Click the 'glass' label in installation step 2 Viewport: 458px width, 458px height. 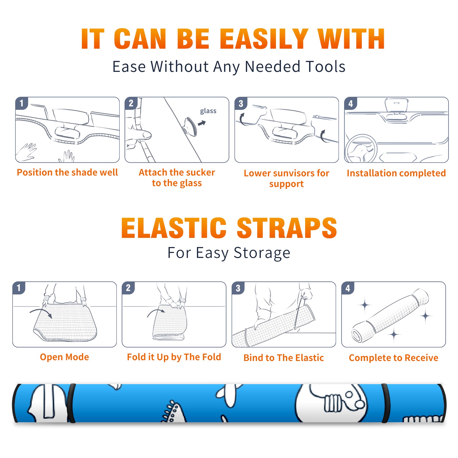208,111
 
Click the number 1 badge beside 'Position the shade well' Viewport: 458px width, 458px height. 21,103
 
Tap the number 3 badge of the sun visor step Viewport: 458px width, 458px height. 241,103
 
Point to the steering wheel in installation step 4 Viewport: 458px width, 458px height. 361,149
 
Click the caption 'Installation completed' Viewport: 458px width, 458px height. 396,173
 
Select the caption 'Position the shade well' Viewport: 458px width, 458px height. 67,172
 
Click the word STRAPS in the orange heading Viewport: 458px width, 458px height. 287,228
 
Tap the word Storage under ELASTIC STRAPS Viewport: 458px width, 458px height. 262,253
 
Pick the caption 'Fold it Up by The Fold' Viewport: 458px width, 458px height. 174,357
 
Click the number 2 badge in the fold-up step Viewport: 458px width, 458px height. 128,288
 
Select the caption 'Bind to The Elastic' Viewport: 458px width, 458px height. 284,358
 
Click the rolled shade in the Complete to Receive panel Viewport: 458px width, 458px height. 390,315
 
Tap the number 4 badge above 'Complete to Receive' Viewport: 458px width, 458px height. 348,288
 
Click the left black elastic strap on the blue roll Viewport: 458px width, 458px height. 72,403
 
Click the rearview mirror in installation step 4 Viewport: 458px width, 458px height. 396,105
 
